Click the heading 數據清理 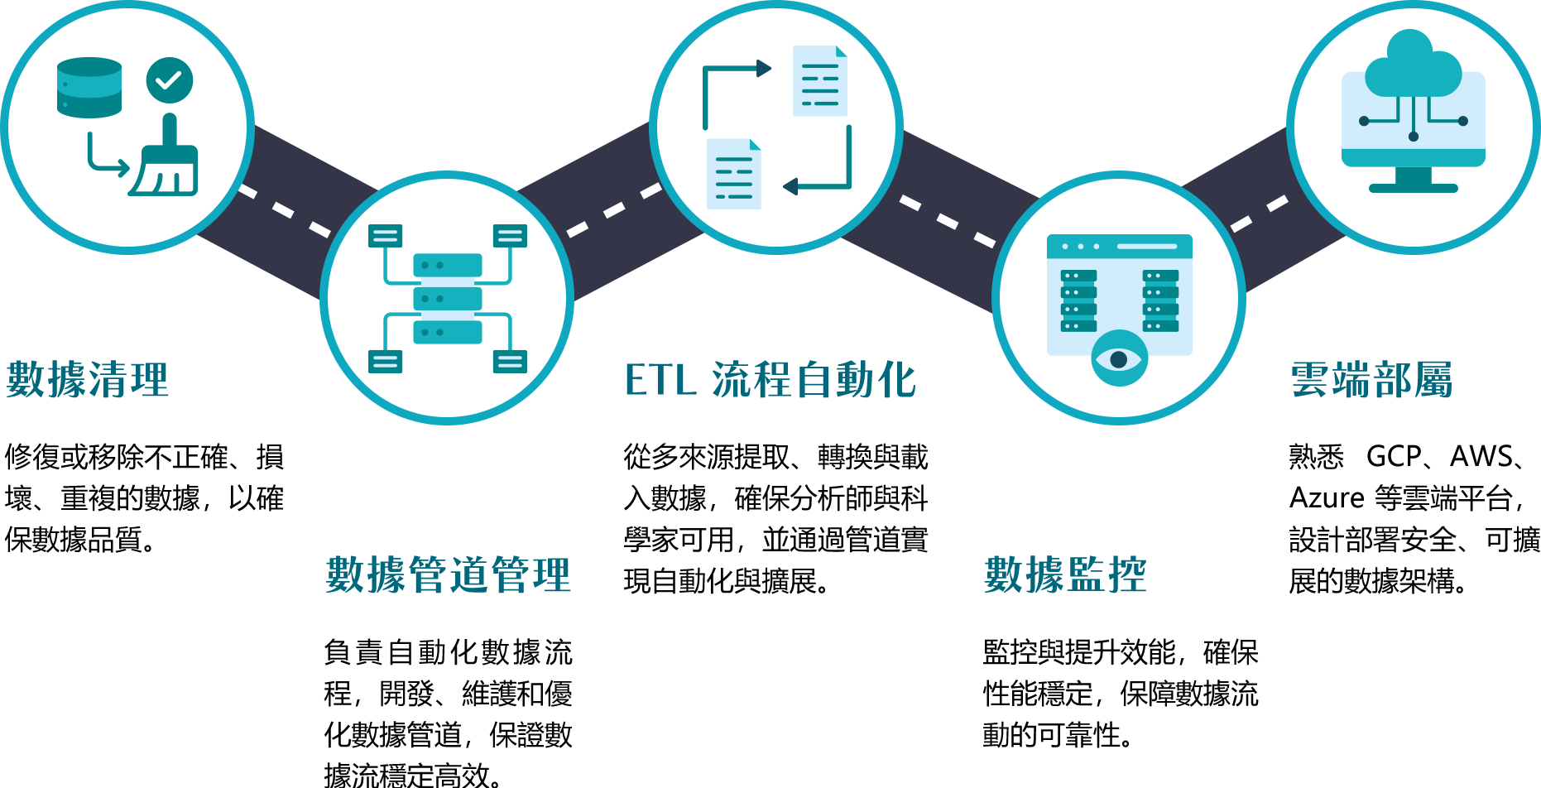point(87,380)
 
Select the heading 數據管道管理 point(448,574)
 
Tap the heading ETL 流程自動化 point(770,380)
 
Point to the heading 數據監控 point(1065,574)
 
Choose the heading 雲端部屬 point(1371,380)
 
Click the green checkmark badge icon point(170,80)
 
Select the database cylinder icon point(89,88)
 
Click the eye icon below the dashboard point(1119,359)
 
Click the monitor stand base point(1414,188)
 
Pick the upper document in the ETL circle point(820,81)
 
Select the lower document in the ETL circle point(734,174)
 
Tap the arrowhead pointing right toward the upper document point(764,69)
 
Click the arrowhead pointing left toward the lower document point(790,186)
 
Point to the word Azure point(1327,497)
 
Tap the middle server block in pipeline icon point(448,299)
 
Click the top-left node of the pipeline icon point(385,236)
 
